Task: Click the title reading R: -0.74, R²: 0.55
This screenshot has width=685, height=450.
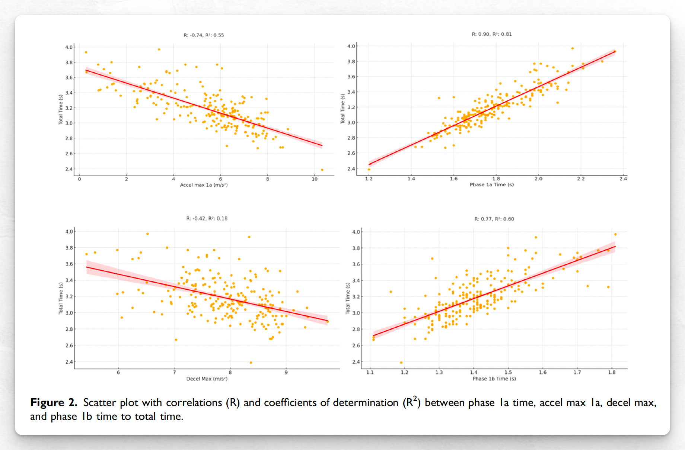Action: coord(204,35)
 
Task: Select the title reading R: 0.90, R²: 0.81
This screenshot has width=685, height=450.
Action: coord(491,34)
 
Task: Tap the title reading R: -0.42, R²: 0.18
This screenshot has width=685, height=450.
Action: coord(207,219)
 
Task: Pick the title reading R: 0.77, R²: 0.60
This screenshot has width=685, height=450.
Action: coord(494,219)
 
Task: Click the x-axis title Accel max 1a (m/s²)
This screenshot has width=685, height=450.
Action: coord(204,185)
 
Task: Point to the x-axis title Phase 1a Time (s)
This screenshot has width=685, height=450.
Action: coord(491,184)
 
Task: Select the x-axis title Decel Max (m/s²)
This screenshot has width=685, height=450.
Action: coord(207,379)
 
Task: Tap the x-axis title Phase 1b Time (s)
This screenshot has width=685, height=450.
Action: coord(494,379)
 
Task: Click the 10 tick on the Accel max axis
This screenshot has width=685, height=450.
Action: coord(315,179)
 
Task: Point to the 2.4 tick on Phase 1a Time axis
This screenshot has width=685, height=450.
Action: coord(623,179)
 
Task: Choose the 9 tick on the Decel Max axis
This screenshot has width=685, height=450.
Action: coord(286,373)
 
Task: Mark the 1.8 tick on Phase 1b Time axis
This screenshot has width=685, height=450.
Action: coord(612,373)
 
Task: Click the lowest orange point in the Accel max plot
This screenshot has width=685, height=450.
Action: coord(322,170)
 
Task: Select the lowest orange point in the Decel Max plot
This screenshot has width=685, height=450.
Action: coord(251,363)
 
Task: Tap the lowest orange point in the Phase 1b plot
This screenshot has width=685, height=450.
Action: coord(401,363)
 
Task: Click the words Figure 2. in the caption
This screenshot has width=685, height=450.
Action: coord(54,403)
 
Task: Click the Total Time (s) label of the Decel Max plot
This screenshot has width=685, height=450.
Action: coord(61,298)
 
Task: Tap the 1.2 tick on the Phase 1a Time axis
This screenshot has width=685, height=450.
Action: coord(369,179)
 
